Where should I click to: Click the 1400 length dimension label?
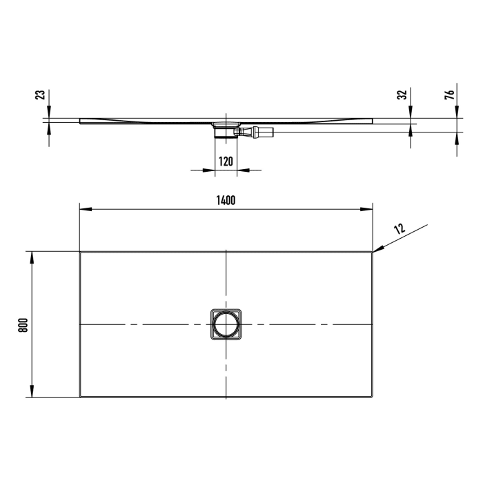(x=226, y=200)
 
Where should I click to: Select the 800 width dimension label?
(x=23, y=325)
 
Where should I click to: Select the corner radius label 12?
(x=399, y=228)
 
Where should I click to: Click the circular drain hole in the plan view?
(x=226, y=324)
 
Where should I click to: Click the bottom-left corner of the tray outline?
(x=81, y=397)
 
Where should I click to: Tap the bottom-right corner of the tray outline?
(x=373, y=397)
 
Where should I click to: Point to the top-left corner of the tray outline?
(x=81, y=252)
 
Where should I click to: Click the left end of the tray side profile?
(x=81, y=121)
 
